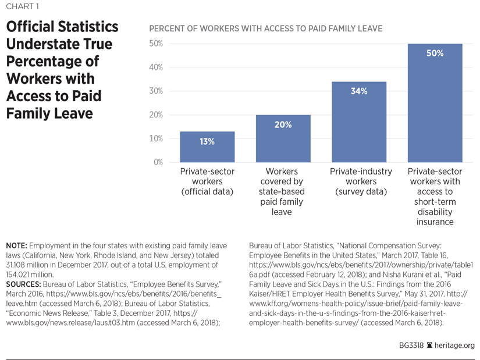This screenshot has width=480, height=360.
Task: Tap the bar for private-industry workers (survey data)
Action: [359, 122]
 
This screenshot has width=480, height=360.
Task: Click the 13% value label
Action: [207, 141]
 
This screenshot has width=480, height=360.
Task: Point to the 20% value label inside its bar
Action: [283, 124]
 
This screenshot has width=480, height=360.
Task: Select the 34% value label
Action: [359, 91]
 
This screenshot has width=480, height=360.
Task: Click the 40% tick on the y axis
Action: [157, 67]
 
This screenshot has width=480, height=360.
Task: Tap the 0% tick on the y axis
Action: [158, 162]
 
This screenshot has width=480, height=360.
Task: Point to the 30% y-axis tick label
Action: [157, 91]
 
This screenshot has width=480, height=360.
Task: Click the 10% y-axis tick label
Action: [157, 138]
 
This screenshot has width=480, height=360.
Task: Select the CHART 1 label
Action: [24, 8]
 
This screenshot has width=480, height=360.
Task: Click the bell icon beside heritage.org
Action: [429, 345]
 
